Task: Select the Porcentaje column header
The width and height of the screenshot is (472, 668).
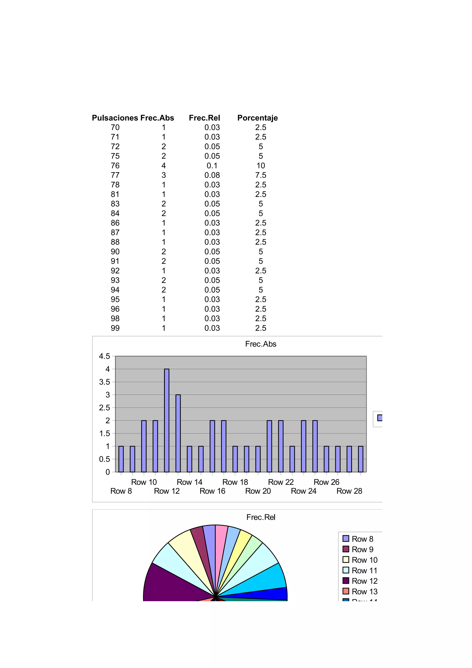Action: (257, 118)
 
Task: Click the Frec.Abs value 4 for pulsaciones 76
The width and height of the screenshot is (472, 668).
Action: (164, 166)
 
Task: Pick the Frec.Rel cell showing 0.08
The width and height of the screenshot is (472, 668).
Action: (212, 175)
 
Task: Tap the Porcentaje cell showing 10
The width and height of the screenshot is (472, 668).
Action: (261, 166)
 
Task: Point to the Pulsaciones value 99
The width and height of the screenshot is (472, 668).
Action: (115, 328)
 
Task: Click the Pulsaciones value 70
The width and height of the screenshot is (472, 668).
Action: (115, 127)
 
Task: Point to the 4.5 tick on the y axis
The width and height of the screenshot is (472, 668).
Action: (105, 356)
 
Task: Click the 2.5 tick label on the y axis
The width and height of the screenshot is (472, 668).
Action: (105, 408)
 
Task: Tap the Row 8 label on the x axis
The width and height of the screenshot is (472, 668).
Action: (121, 491)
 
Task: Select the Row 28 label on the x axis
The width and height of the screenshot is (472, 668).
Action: (349, 491)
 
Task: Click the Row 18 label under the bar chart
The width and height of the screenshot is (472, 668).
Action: (235, 482)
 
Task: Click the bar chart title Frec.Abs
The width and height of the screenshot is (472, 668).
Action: (261, 344)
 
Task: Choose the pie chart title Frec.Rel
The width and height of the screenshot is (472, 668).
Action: (261, 517)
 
